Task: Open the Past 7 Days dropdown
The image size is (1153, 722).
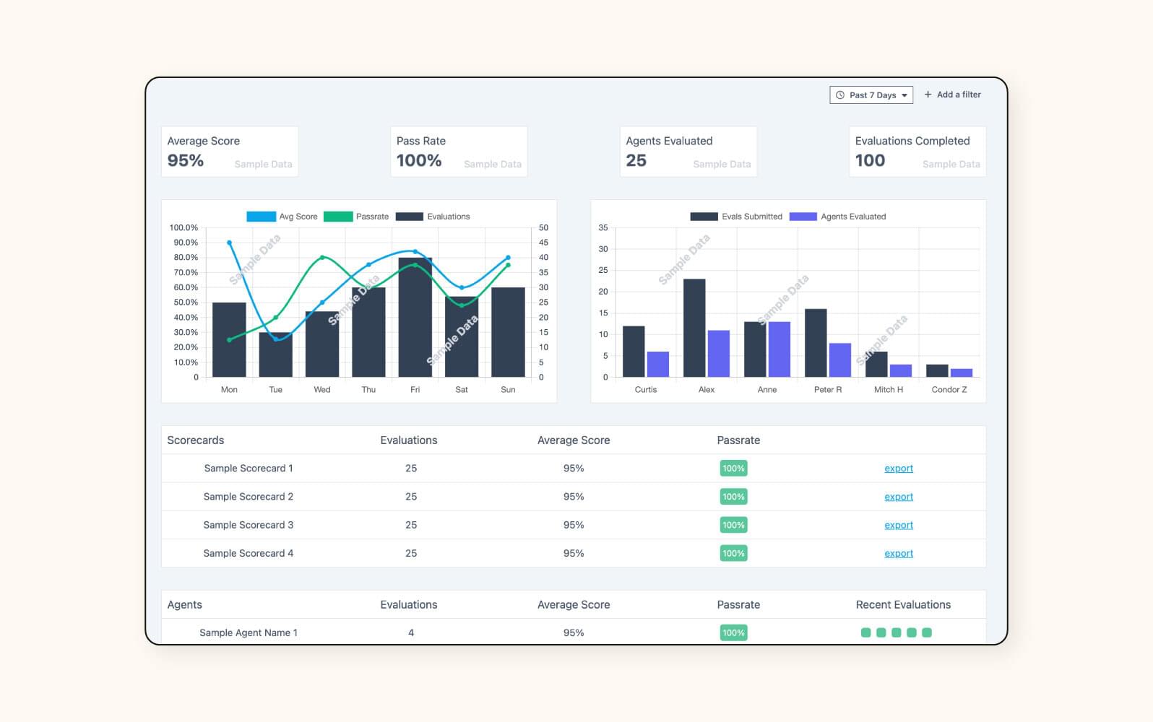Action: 871,95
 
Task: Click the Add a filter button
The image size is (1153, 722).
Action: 952,95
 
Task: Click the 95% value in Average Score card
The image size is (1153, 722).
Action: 186,160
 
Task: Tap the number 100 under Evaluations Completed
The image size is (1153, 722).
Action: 870,160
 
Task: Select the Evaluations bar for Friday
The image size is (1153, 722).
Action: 415,318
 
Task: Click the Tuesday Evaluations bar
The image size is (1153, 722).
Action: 275,355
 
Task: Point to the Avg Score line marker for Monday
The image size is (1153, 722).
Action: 229,243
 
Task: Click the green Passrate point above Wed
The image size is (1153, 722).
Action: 322,257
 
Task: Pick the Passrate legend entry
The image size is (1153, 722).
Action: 356,217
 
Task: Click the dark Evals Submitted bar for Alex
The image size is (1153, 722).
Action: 694,329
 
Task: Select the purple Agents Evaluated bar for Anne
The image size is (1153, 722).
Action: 779,349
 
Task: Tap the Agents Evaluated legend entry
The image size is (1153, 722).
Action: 837,217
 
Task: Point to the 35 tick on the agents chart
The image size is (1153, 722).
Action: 603,227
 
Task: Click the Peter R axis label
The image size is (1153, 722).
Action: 827,389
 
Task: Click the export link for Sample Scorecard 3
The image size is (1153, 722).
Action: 898,525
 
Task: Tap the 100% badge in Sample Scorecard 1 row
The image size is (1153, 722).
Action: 733,469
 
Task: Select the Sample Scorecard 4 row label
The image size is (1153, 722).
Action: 248,553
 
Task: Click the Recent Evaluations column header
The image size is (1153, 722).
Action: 902,604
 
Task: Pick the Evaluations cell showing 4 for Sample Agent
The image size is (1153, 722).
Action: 410,632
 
